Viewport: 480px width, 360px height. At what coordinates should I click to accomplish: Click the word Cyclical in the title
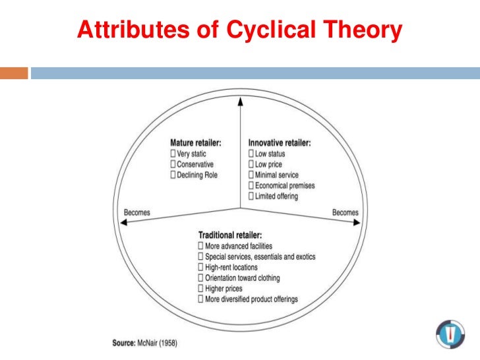click(277, 30)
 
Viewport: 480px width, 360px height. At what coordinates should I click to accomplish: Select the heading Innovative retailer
click(279, 142)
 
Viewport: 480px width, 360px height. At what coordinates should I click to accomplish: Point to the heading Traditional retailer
click(231, 235)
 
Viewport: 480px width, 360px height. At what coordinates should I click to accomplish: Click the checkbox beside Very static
click(173, 154)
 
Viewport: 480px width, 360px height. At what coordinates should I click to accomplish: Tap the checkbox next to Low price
click(251, 164)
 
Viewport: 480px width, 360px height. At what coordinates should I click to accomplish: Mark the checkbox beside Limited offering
click(251, 196)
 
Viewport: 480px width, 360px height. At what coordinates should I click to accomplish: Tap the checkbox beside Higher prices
click(200, 288)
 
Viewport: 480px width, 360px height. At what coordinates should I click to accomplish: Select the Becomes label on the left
click(137, 212)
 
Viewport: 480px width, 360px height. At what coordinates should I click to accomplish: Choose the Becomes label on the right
click(345, 212)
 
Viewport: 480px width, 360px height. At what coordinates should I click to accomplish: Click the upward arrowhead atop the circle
click(240, 101)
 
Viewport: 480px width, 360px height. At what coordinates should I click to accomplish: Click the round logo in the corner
click(450, 334)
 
